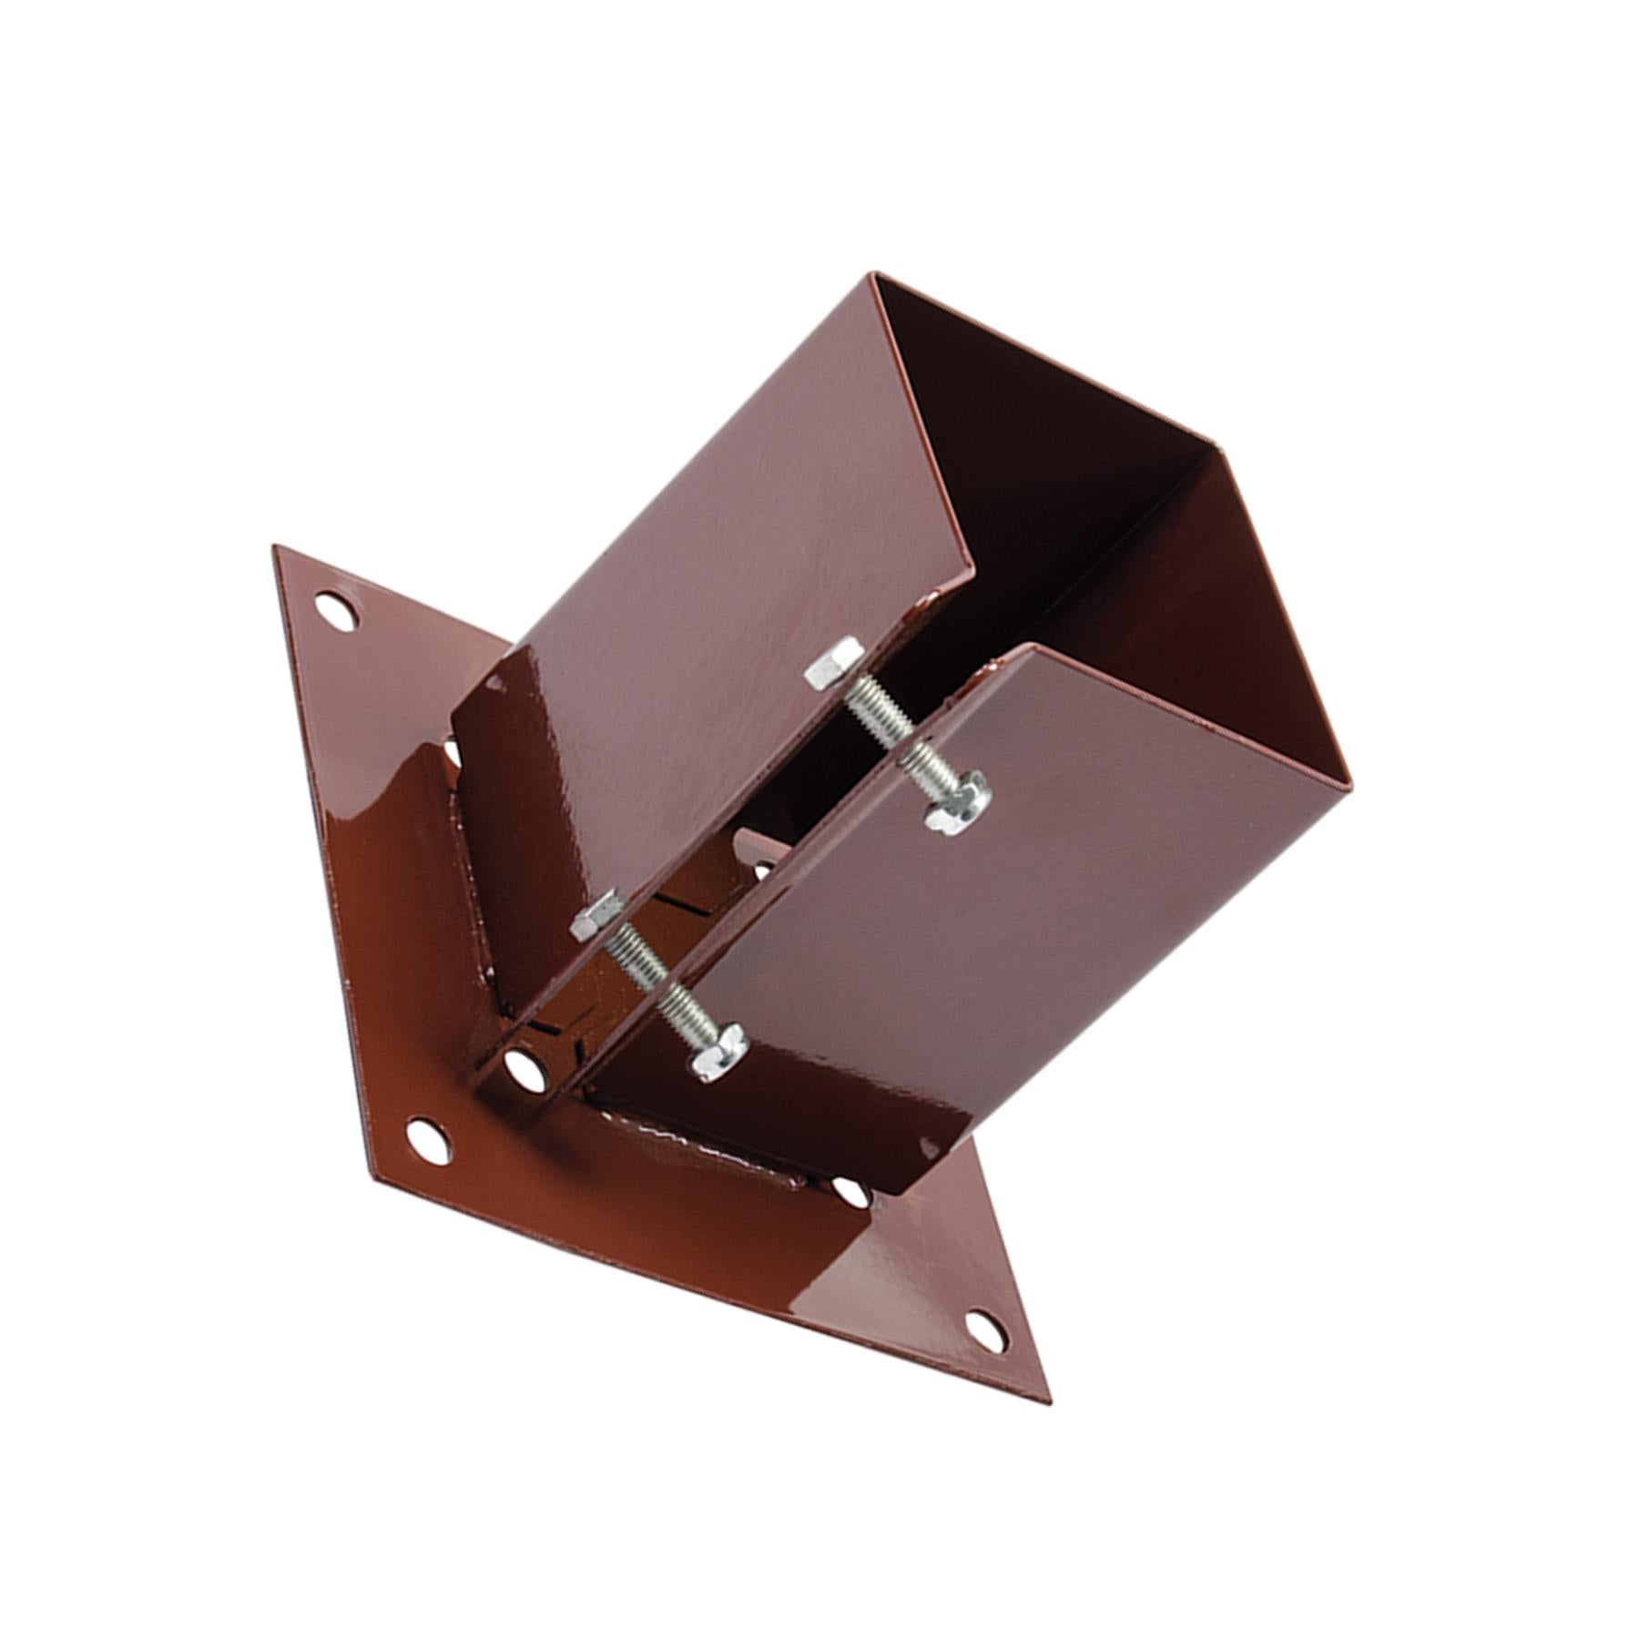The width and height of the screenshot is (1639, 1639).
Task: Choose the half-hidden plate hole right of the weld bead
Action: pos(852,1194)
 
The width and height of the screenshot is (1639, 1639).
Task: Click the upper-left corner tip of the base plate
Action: pos(275,547)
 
